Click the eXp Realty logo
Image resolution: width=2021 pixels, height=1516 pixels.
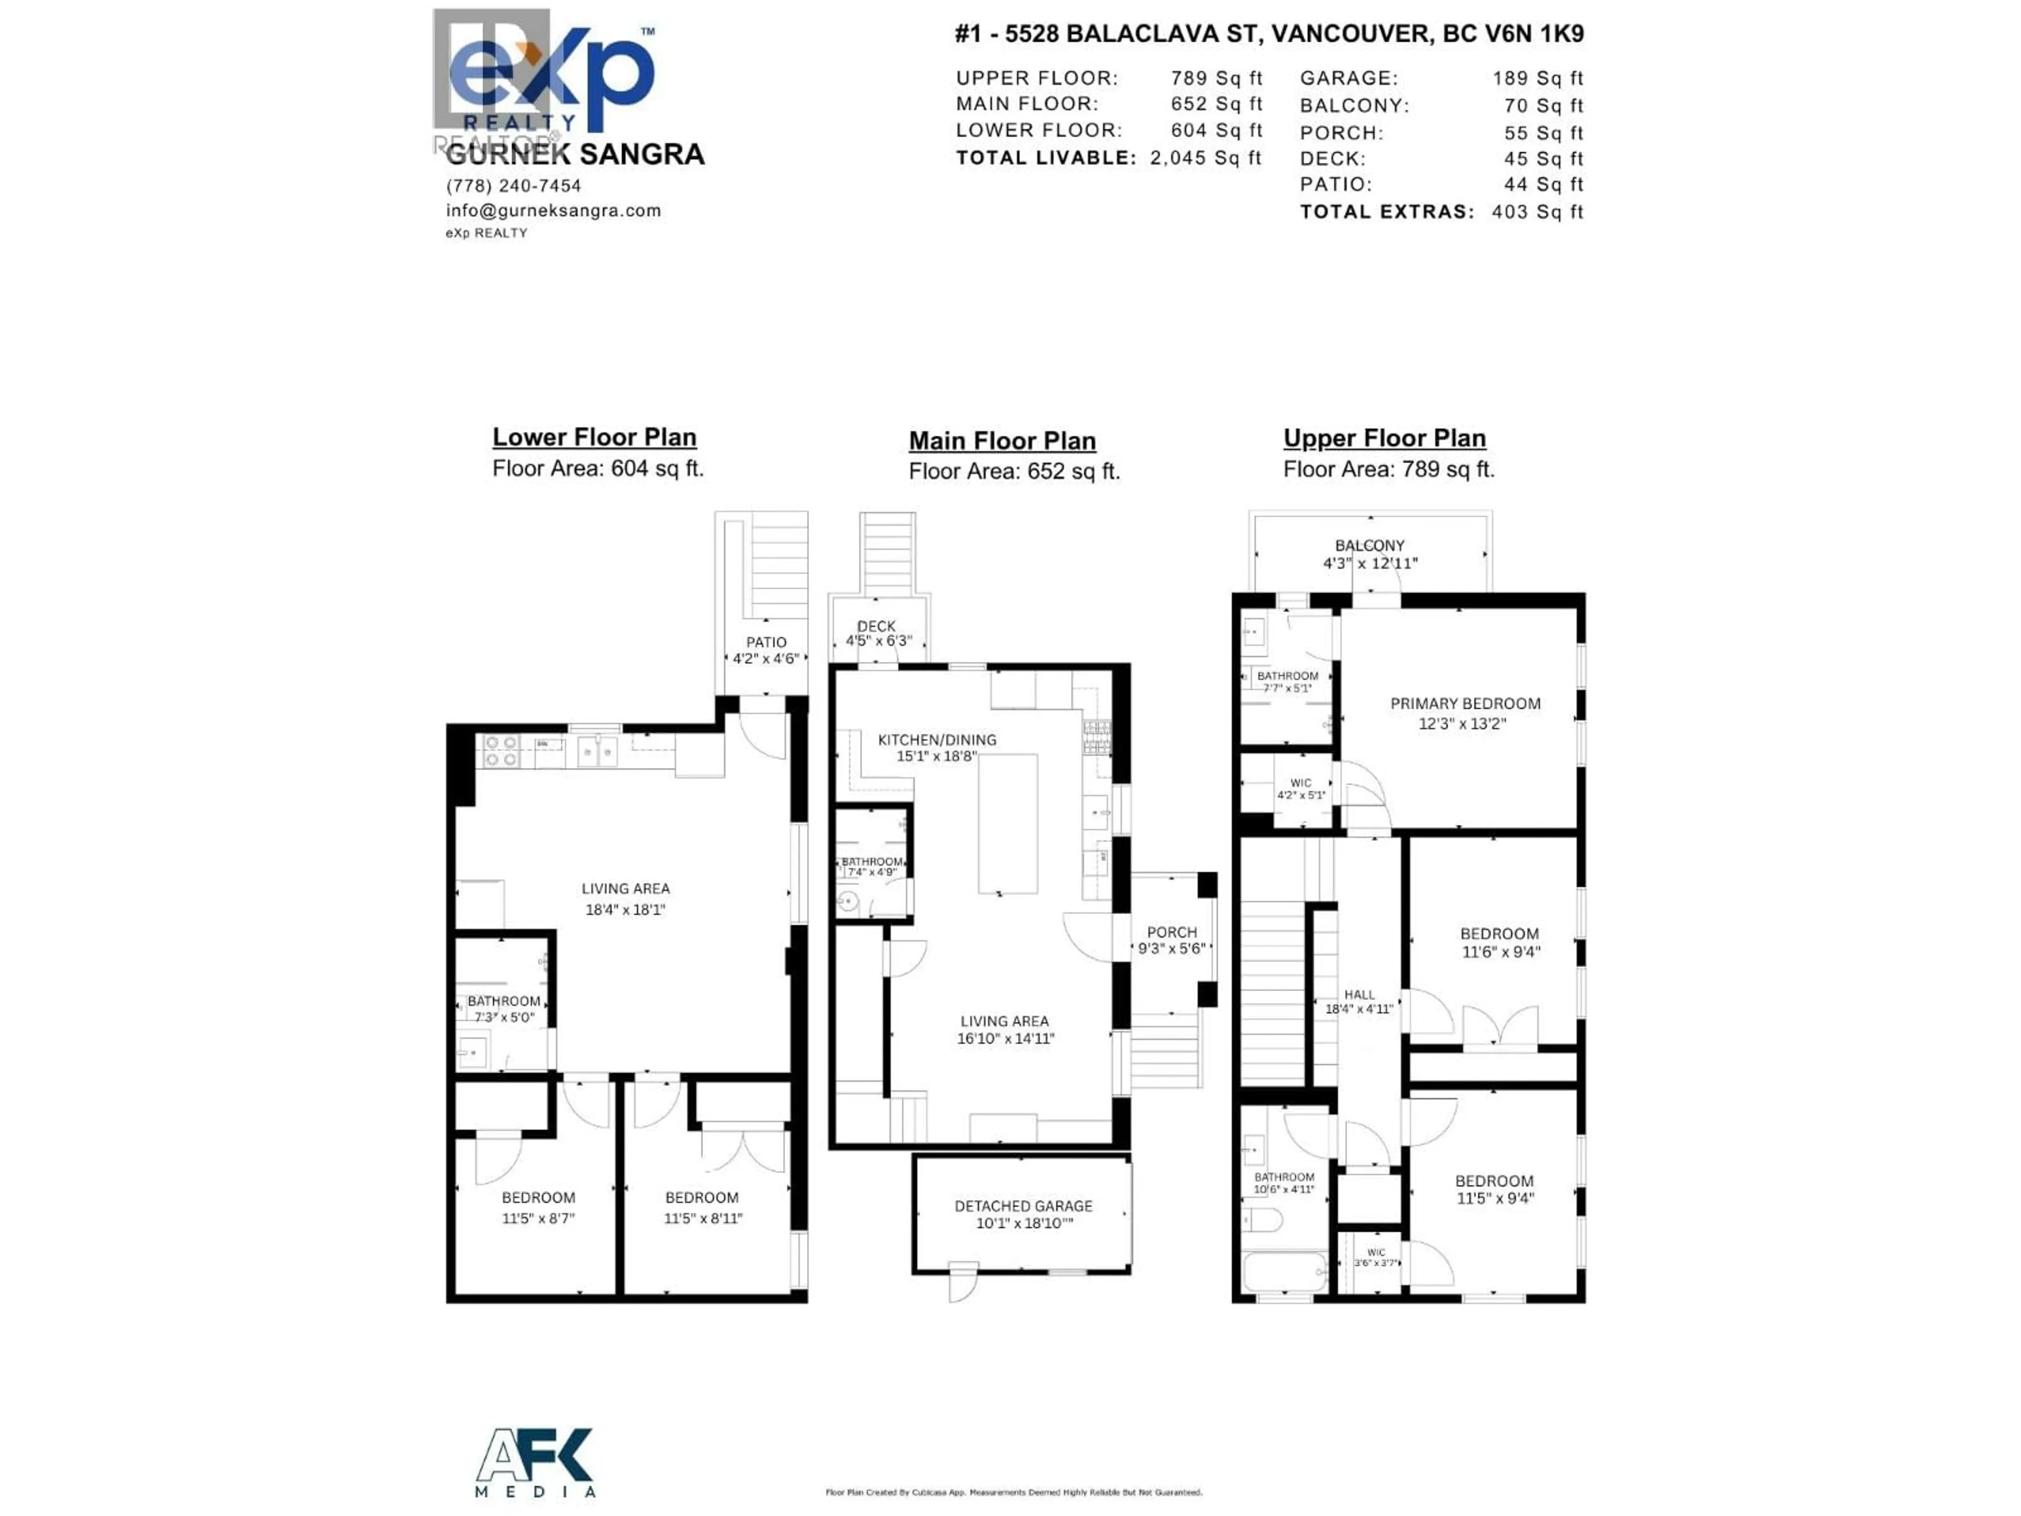[x=548, y=78]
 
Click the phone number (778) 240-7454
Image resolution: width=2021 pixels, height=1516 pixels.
[x=514, y=185]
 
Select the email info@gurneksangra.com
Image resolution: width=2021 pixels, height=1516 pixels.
[x=553, y=210]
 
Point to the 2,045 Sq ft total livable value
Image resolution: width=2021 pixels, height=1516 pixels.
[x=1205, y=157]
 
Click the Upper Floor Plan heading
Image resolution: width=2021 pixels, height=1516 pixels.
[x=1384, y=438]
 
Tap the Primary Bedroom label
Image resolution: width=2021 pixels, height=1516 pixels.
[x=1465, y=704]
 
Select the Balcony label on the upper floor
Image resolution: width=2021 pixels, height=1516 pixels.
[x=1369, y=545]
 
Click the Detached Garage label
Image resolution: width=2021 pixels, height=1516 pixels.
[x=1023, y=1206]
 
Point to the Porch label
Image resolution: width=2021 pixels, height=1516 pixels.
[x=1172, y=932]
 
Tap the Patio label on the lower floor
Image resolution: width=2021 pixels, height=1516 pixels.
[x=766, y=642]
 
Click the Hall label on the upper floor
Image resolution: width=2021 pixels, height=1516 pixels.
[x=1358, y=994]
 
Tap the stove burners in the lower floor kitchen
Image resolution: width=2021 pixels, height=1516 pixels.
[x=501, y=750]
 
